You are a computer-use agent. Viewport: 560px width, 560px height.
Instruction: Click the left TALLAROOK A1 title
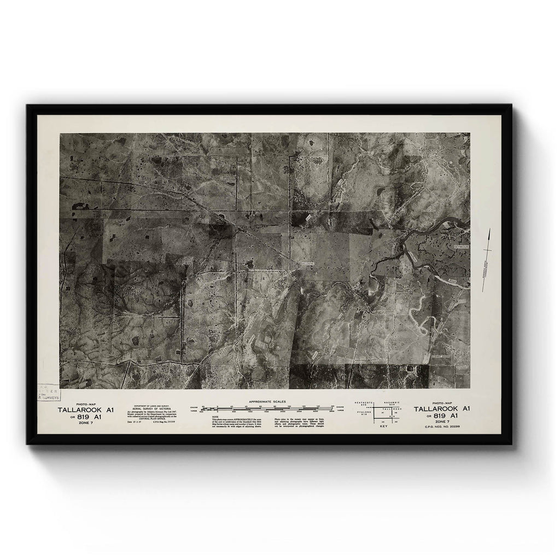pyautogui.click(x=86, y=409)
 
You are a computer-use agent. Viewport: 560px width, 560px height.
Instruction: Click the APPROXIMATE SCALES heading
pyautogui.click(x=266, y=401)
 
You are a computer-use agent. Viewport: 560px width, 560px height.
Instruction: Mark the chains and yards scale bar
pyautogui.click(x=267, y=408)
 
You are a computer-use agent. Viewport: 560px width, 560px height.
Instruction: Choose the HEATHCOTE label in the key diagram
pyautogui.click(x=365, y=402)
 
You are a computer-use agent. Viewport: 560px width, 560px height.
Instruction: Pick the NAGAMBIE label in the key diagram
pyautogui.click(x=393, y=402)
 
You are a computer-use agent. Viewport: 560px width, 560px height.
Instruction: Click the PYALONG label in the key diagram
pyautogui.click(x=365, y=414)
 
